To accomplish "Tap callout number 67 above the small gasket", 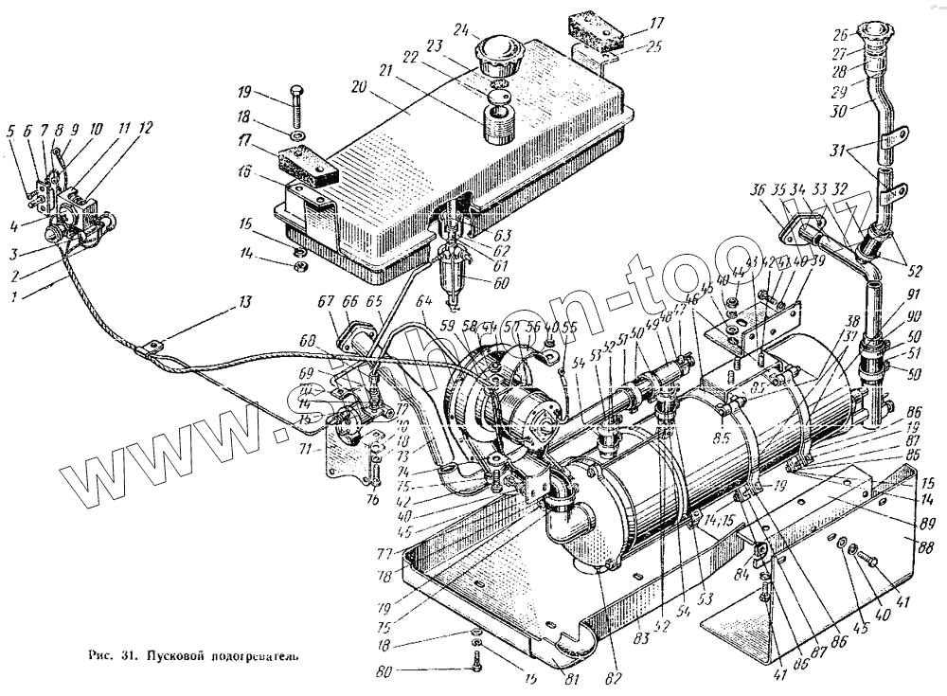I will click(327, 301).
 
